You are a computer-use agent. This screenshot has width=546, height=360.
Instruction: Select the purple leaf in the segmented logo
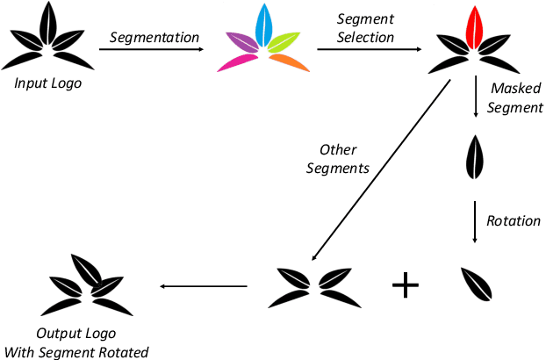tap(241, 42)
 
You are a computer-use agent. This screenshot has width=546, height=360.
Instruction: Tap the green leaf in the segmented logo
tap(284, 42)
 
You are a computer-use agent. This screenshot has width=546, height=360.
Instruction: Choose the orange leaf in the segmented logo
tap(289, 61)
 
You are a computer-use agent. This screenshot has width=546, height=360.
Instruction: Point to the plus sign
tap(405, 285)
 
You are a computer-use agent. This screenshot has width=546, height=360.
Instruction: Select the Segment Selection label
tap(365, 28)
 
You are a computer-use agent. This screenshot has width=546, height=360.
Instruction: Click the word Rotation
tap(514, 220)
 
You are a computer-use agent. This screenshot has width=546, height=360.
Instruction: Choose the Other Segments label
tap(337, 158)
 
